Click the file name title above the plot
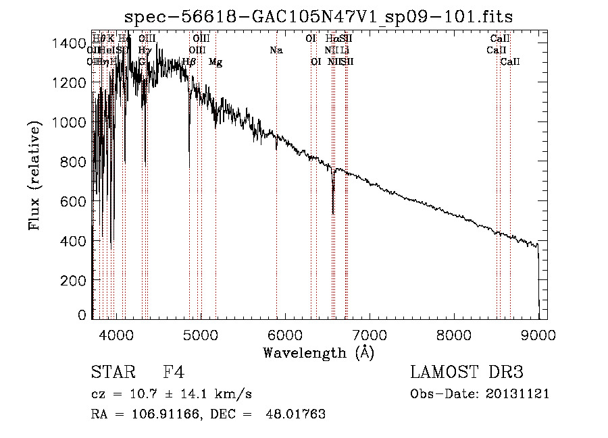pyautogui.click(x=319, y=17)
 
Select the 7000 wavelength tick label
pyautogui.click(x=370, y=333)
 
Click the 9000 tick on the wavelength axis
pyautogui.click(x=538, y=333)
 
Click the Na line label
pyautogui.click(x=276, y=51)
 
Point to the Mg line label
pyautogui.click(x=216, y=62)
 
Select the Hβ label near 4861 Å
pyautogui.click(x=189, y=62)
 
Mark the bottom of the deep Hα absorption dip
pyautogui.click(x=333, y=213)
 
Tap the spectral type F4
pyautogui.click(x=174, y=373)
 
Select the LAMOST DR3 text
pyautogui.click(x=467, y=373)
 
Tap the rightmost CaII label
pyautogui.click(x=510, y=62)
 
